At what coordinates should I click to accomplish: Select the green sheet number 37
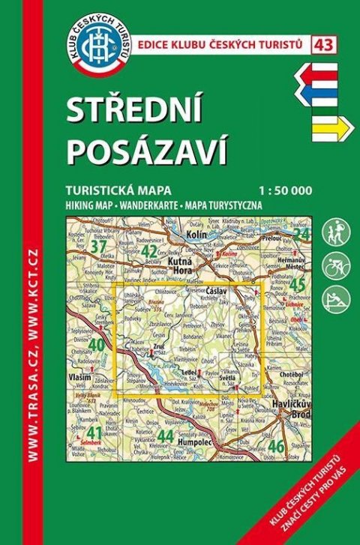tap(97, 247)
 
